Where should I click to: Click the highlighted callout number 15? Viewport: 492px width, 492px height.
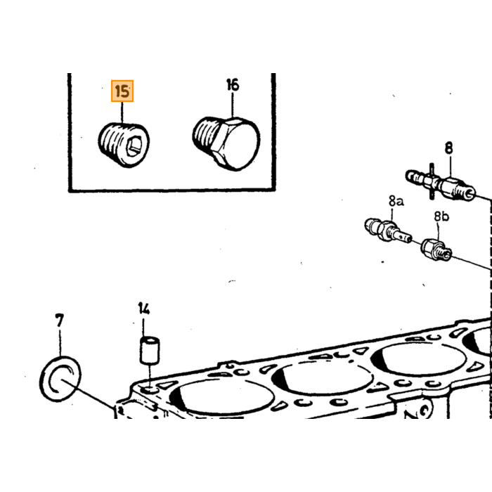point(122,91)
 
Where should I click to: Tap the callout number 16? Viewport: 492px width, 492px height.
point(233,85)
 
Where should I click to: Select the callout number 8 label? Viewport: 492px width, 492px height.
point(449,148)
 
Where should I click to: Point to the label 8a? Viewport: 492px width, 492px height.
point(396,201)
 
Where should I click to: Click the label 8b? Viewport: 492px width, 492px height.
point(441,216)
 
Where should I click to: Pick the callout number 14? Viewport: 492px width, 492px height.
point(143,309)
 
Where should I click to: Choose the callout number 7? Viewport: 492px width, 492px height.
point(59,321)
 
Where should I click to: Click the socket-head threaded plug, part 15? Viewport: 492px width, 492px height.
point(124,145)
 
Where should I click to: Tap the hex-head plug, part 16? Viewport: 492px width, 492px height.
point(226,143)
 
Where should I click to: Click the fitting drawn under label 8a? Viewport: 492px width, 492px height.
point(388,231)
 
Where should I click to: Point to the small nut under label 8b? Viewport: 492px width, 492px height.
point(436,250)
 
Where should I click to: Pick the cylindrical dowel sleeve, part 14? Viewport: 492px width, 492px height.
point(149,351)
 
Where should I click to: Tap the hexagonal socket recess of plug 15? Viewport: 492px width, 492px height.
point(135,146)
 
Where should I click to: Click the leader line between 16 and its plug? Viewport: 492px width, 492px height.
point(233,105)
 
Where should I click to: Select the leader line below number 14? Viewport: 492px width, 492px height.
point(143,327)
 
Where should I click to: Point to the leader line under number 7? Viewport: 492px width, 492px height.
point(60,343)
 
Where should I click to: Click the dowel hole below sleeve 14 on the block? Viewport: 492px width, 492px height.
point(150,390)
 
